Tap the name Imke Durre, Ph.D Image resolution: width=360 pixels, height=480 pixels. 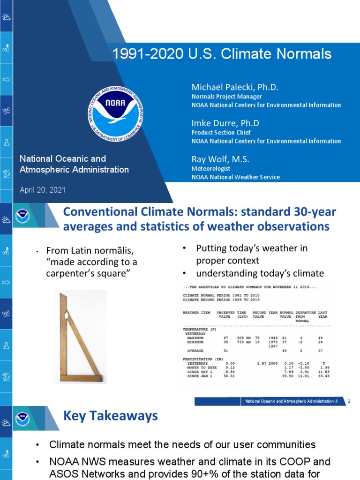[x=225, y=123]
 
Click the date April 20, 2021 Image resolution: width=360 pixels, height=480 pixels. [x=43, y=190]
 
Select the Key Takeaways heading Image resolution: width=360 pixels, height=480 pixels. [x=111, y=416]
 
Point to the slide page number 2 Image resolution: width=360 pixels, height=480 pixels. [x=349, y=401]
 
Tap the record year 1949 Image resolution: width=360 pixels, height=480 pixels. [x=273, y=337]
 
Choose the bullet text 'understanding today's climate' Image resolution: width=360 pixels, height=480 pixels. [x=260, y=273]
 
